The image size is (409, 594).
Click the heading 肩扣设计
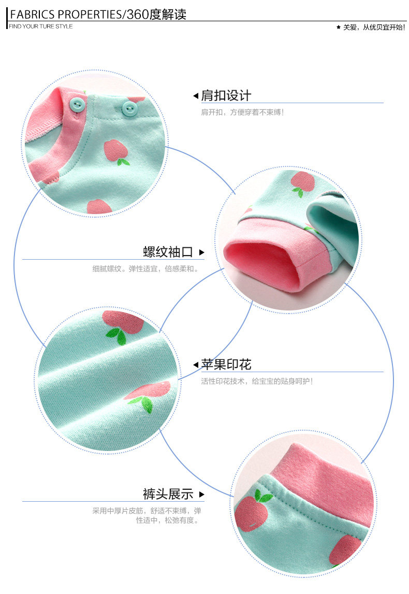(226, 95)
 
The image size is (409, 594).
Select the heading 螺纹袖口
(168, 252)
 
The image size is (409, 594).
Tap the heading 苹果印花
(226, 364)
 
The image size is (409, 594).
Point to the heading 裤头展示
(168, 493)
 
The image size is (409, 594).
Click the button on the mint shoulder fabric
(129, 109)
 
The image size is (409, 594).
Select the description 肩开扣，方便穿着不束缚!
(242, 112)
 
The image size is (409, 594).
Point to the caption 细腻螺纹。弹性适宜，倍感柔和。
(145, 269)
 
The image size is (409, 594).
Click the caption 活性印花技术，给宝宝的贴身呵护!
(257, 381)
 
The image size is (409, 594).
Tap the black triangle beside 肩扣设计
(196, 96)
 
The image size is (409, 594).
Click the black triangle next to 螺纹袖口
(201, 253)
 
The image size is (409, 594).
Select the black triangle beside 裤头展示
(201, 494)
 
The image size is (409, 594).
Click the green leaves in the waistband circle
(263, 497)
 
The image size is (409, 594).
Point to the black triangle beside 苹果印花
(196, 365)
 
